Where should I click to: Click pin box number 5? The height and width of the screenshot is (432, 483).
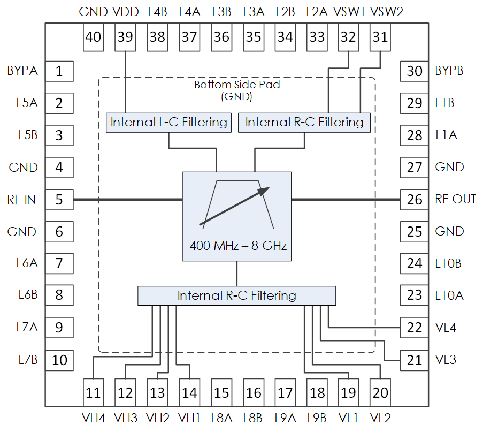coord(59,200)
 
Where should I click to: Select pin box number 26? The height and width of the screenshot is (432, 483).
coord(415,200)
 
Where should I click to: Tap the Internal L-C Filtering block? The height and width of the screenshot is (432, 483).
coord(168,122)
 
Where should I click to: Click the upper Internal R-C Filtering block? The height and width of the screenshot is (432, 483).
coord(304,122)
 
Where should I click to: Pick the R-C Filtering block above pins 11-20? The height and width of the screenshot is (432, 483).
coord(236,295)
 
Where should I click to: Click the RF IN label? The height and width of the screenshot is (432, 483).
coord(22,200)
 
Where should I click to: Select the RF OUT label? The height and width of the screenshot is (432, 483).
coord(455,199)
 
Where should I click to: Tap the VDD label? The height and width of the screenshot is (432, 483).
coord(126,12)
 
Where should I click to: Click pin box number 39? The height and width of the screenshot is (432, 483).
coord(125,37)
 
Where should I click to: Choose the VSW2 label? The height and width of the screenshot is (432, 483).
coord(386,12)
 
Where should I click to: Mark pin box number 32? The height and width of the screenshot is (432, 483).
coord(348,37)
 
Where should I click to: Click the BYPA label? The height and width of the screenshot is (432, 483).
coord(22,70)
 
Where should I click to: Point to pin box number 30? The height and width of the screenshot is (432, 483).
coord(415,71)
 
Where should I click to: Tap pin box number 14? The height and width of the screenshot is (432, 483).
coord(189,392)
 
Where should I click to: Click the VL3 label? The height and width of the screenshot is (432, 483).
coord(446,360)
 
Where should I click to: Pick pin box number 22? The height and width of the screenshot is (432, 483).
coord(415,328)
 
